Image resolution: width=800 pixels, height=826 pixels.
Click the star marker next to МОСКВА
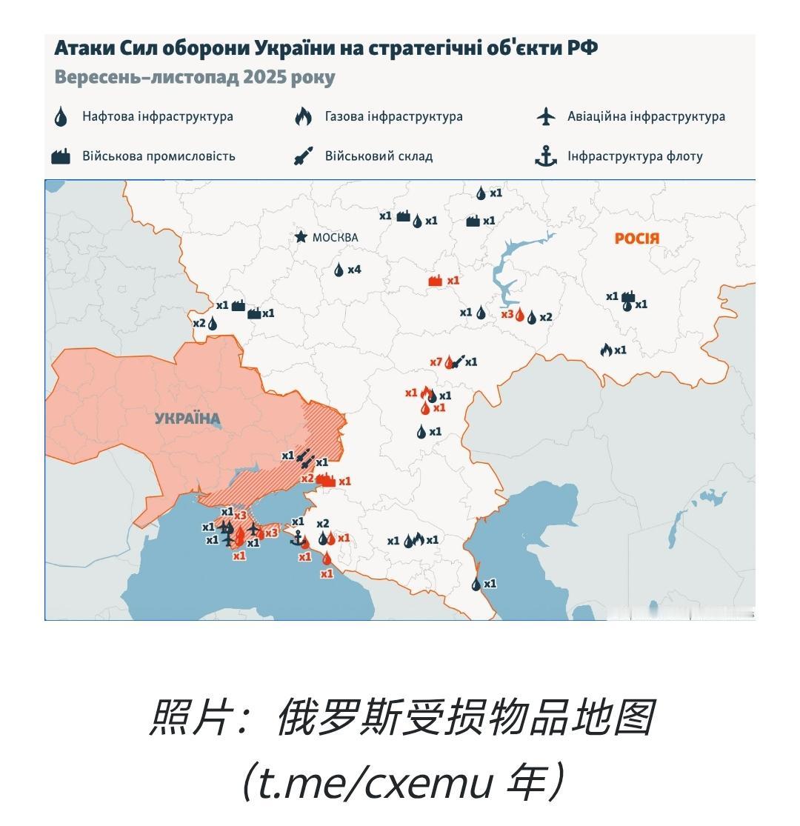click(301, 237)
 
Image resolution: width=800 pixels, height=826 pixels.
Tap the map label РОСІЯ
click(636, 239)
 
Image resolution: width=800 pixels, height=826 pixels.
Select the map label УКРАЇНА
click(187, 419)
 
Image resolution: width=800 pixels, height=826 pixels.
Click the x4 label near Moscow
click(354, 270)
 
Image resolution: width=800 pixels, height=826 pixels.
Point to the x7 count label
click(436, 362)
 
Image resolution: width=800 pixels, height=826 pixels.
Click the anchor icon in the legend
click(546, 156)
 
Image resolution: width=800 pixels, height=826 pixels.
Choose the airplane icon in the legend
click(545, 116)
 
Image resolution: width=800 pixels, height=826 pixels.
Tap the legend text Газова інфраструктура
click(393, 116)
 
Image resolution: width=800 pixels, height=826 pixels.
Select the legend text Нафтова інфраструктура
click(158, 116)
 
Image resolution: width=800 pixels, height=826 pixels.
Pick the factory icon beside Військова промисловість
click(61, 156)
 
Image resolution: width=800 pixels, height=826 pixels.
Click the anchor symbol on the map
click(297, 537)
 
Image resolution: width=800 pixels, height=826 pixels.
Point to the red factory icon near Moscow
click(436, 281)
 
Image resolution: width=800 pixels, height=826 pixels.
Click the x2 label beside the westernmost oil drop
click(199, 323)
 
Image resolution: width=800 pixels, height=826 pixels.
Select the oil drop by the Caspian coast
click(476, 584)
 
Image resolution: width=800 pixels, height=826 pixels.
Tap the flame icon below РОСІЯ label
click(605, 350)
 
